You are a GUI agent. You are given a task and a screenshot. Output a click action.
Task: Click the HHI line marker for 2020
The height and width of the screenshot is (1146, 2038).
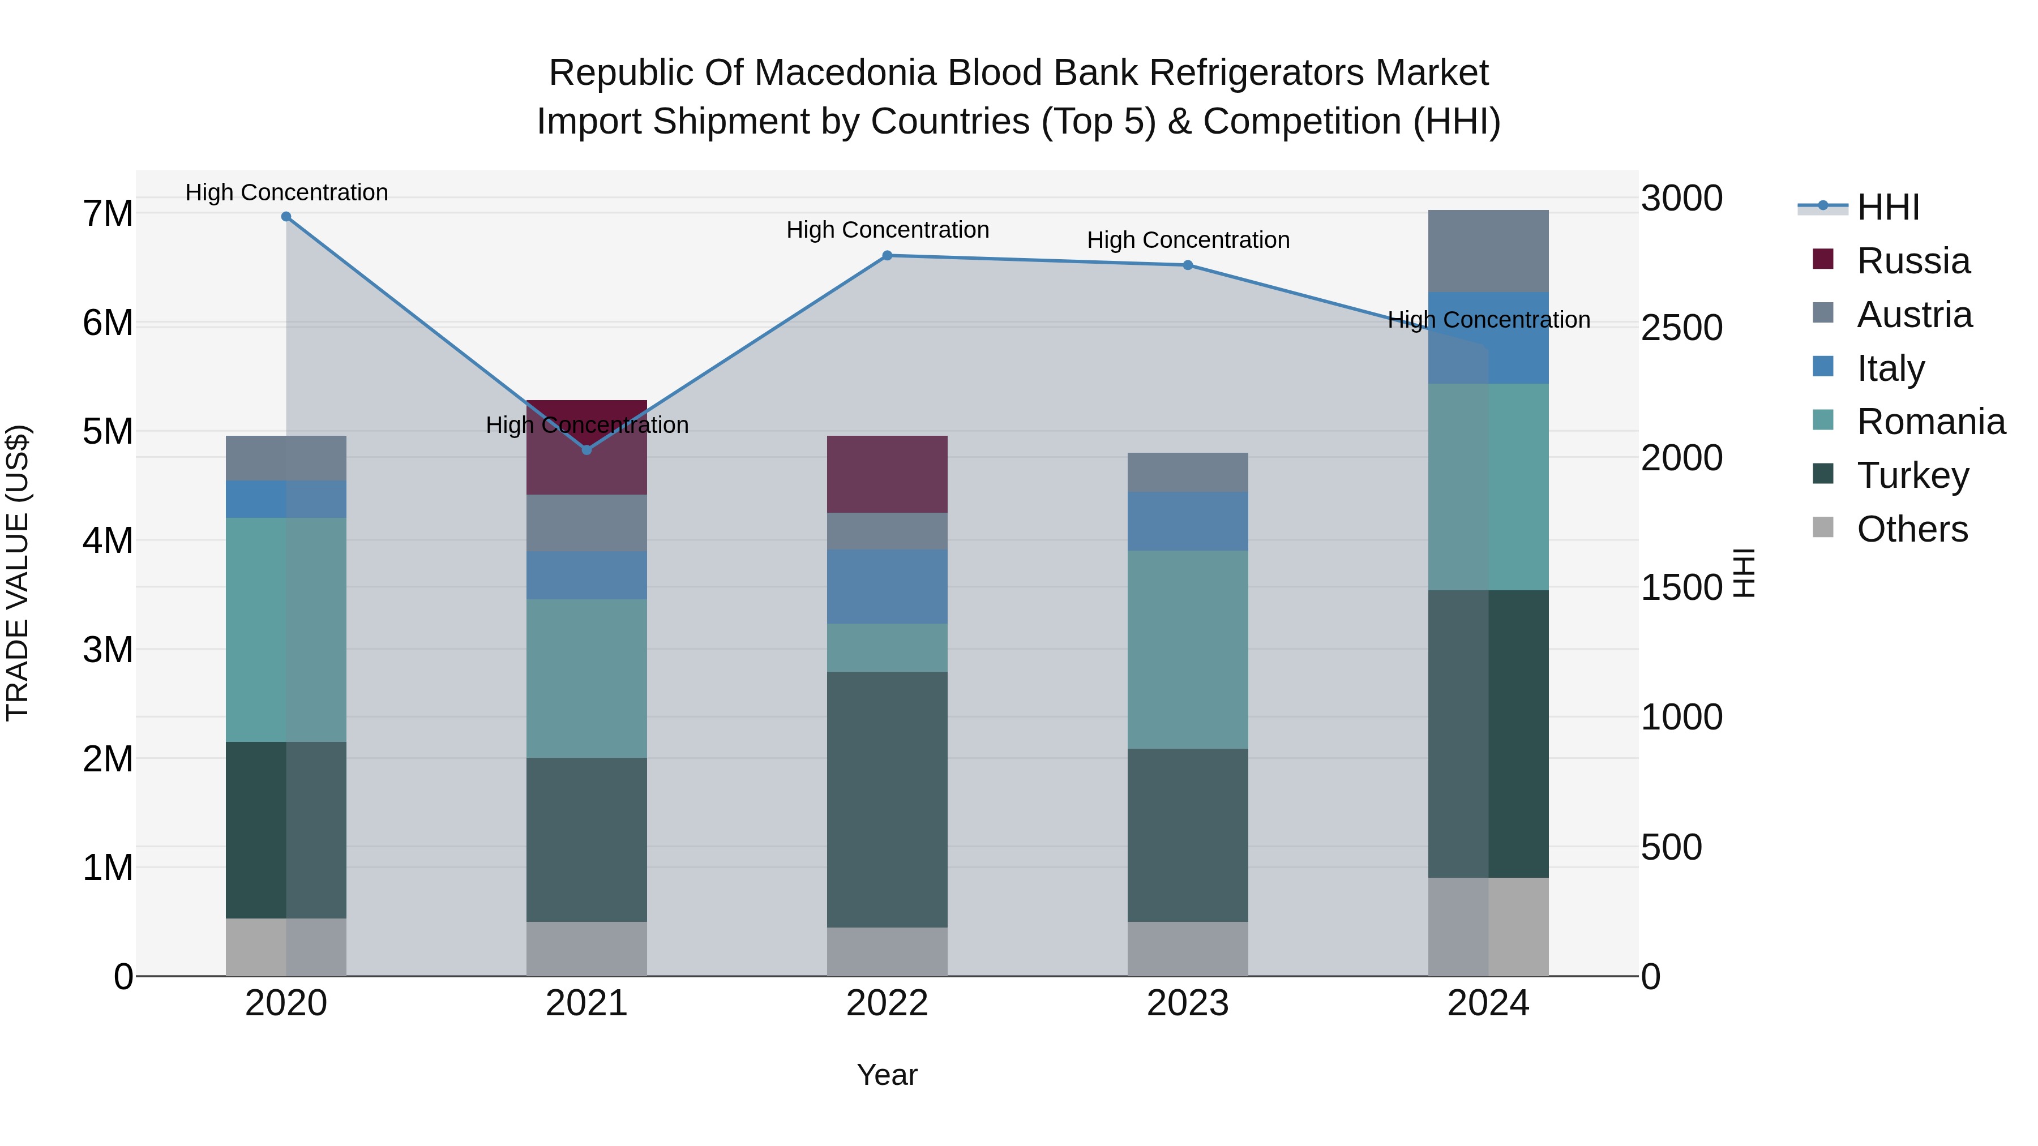[x=286, y=217]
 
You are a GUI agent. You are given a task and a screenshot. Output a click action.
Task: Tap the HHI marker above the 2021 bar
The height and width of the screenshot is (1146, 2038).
[x=586, y=450]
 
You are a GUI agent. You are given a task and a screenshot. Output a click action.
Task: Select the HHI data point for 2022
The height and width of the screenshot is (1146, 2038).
[x=887, y=255]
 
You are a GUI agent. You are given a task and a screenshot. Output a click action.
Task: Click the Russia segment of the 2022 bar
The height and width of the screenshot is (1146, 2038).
[x=887, y=475]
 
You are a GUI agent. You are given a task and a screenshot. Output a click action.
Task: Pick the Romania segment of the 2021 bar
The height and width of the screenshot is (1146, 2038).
[x=586, y=679]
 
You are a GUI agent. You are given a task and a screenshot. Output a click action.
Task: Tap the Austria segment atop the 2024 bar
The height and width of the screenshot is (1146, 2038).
[x=1488, y=251]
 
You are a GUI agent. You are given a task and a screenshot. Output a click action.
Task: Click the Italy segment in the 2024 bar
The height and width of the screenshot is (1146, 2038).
[x=1488, y=338]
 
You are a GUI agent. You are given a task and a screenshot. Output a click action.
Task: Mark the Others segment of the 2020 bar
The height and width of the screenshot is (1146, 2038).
[x=286, y=947]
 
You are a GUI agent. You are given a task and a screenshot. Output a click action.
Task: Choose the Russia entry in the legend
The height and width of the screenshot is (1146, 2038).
[x=1913, y=261]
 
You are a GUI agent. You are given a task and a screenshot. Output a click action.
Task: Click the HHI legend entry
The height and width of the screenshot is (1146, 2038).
[x=1887, y=207]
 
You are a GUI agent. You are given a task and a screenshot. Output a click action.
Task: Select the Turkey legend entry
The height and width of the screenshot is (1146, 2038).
[x=1912, y=475]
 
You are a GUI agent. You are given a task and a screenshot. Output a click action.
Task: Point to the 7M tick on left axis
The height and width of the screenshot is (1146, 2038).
[x=108, y=213]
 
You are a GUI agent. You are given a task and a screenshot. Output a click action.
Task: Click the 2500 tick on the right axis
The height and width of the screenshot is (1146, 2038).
[x=1681, y=328]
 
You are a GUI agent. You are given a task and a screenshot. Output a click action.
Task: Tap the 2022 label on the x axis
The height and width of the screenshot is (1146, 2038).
[x=887, y=1003]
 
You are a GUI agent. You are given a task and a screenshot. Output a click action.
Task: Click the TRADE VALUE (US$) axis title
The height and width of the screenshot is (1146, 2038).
[x=18, y=573]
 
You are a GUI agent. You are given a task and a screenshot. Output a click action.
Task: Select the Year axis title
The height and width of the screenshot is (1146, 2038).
[x=887, y=1075]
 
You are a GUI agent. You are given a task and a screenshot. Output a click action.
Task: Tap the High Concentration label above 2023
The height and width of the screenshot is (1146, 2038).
[x=1188, y=239]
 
